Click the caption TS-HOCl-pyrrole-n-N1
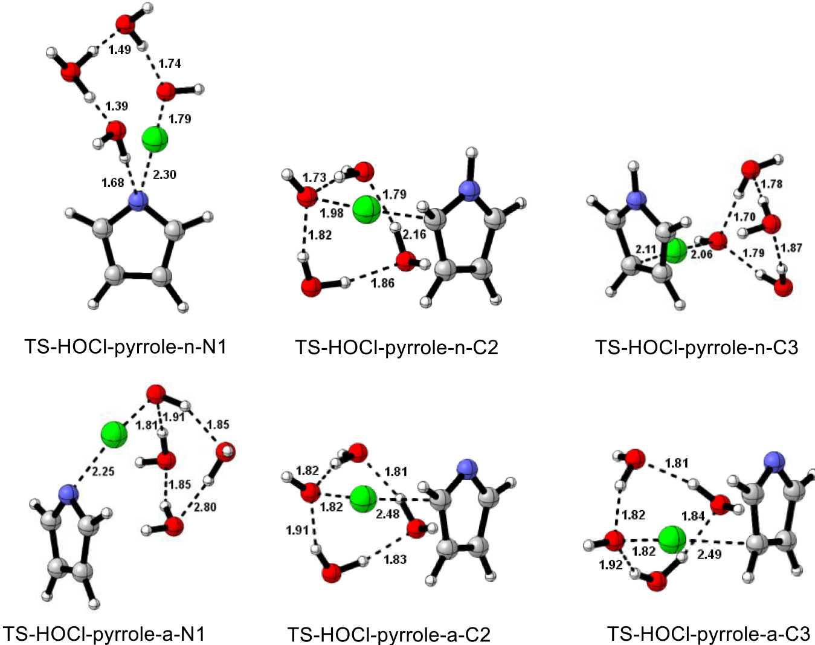point(125,347)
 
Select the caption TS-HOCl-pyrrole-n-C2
point(396,348)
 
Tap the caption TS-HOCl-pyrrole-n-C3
point(696,348)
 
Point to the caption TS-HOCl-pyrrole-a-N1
point(104,634)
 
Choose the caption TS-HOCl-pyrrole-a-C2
point(388,634)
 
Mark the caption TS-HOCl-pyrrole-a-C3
point(708,634)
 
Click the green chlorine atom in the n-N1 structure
point(155,139)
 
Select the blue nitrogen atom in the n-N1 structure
point(138,201)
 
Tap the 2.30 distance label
point(164,175)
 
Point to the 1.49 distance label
point(120,50)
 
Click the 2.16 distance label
point(414,234)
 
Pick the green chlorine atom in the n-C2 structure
point(366,209)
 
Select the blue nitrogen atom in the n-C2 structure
point(469,190)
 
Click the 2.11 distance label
point(646,249)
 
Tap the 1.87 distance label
point(791,248)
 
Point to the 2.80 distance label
point(205,507)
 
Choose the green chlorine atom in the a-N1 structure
point(114,434)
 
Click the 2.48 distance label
point(388,514)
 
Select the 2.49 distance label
point(709,554)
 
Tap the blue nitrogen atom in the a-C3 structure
point(773,462)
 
